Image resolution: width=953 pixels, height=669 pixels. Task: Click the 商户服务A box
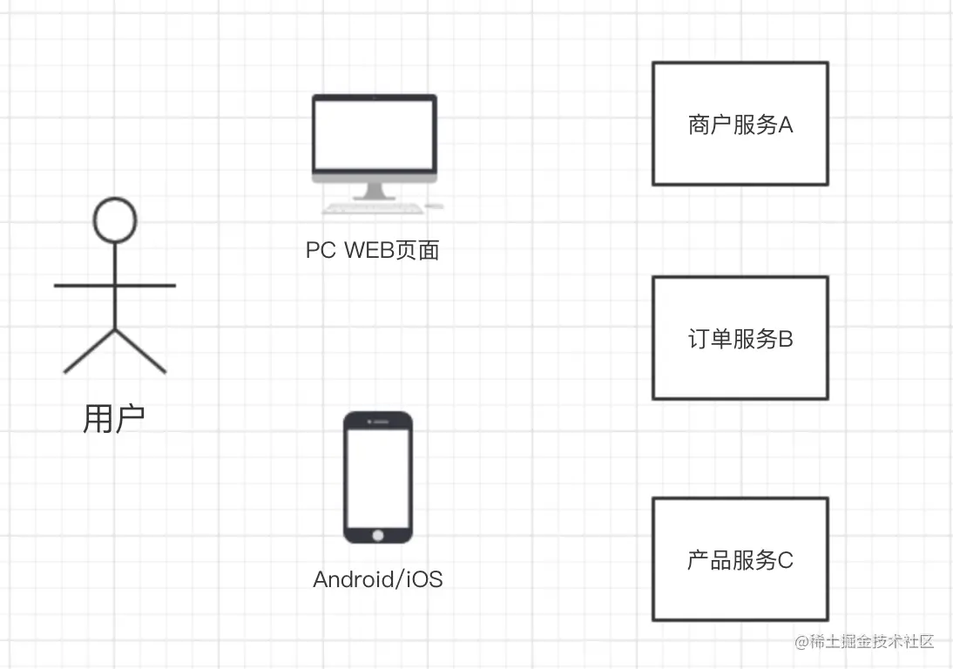[x=740, y=124]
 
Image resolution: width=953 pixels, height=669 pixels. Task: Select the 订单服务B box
[x=740, y=338]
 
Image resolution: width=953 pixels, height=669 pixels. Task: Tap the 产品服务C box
[x=740, y=559]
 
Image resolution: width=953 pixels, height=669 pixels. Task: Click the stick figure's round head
[x=115, y=219]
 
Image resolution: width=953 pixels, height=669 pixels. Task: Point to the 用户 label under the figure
[x=114, y=419]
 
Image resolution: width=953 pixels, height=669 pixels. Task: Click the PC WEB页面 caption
[x=373, y=251]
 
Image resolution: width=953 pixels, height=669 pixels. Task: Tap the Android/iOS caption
[x=378, y=578]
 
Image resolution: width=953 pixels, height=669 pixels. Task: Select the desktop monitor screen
[x=375, y=135]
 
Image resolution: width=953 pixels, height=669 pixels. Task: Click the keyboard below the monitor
[x=373, y=208]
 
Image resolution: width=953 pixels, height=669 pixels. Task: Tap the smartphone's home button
[x=378, y=533]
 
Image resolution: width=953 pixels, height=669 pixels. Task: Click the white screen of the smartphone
[x=378, y=475]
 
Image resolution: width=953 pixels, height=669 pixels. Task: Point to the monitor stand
[x=375, y=191]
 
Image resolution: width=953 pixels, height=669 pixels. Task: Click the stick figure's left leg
[x=90, y=352]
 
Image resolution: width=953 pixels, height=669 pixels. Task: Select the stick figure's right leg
[x=141, y=352]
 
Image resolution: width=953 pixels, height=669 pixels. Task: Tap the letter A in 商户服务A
[x=785, y=125]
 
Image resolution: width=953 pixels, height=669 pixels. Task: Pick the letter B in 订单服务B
[x=785, y=339]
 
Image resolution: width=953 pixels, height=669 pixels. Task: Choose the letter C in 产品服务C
[x=785, y=560]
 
